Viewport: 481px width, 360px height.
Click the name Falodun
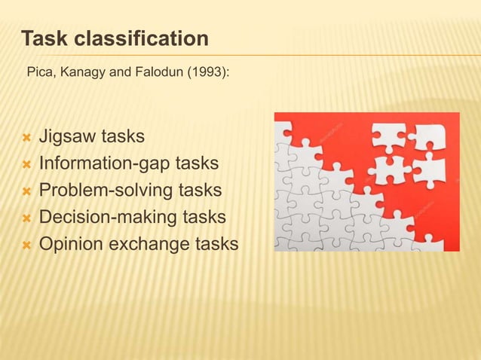coord(150,75)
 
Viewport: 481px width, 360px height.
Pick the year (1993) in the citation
coord(199,75)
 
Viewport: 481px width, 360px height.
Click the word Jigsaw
coord(66,138)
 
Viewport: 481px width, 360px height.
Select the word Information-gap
coord(106,163)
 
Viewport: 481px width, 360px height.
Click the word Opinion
coord(70,244)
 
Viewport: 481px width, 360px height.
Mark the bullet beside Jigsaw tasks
coord(26,139)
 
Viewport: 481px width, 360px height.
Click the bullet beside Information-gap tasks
coord(26,164)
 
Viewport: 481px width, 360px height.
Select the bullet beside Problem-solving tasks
coord(26,191)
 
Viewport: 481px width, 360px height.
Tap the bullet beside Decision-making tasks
coord(26,218)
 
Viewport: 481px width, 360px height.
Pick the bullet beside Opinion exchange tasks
coord(26,245)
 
